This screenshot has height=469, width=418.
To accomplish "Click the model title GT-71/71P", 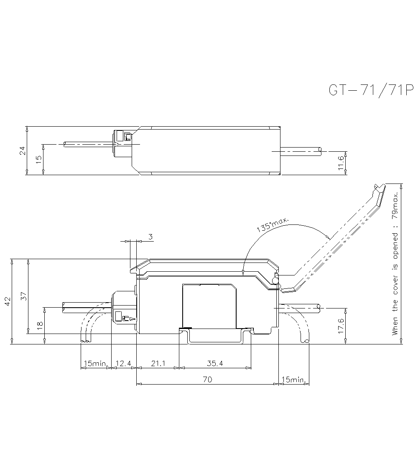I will tap(371, 90).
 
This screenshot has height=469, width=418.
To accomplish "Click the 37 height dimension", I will tap(24, 296).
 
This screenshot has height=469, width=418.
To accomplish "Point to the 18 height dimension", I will tap(40, 326).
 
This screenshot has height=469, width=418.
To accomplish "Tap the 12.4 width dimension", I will tap(123, 364).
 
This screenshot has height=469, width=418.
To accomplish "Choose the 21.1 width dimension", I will tap(158, 364).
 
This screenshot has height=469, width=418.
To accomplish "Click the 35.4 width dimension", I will tap(215, 364).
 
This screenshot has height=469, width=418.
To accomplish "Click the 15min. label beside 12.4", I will tap(95, 364).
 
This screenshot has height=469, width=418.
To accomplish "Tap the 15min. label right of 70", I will tap(294, 380).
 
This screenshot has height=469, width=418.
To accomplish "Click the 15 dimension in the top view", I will tap(38, 159).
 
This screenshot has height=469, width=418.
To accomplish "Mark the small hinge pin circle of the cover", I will tap(275, 279).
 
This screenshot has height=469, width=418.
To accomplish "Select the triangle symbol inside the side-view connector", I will tap(132, 319).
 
